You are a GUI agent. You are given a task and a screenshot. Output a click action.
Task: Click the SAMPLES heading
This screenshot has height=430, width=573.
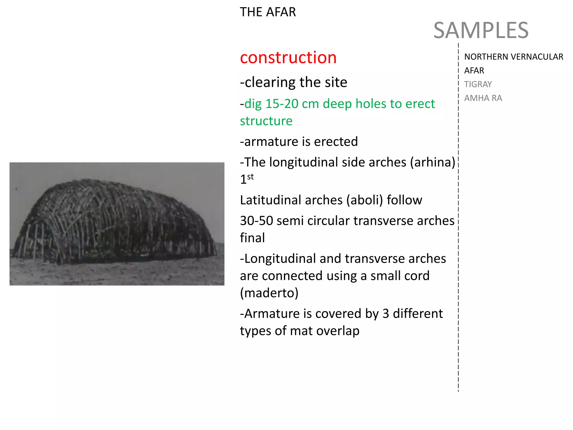[481, 30]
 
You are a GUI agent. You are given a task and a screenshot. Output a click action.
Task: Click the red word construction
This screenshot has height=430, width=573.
[288, 58]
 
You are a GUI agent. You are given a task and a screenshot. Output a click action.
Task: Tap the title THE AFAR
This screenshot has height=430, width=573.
[268, 12]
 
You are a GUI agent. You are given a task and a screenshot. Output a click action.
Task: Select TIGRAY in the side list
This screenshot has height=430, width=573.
[478, 84]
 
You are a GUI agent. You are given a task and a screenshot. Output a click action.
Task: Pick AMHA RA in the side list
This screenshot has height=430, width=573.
[483, 98]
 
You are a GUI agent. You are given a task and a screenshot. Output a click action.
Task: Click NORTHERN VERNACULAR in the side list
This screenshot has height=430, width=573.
[513, 57]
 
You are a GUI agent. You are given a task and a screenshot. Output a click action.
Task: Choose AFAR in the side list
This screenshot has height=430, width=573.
[474, 71]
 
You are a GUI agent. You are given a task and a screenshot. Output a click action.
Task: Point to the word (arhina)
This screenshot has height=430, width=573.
[433, 162]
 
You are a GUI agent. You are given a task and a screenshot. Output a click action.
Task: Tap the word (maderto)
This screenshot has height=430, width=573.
[269, 293]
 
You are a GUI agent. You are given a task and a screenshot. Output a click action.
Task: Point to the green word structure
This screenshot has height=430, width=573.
[266, 121]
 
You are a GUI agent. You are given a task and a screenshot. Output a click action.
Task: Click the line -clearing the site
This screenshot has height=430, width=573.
[293, 82]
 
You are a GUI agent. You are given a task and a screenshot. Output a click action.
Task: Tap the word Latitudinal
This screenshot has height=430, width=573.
[291, 200]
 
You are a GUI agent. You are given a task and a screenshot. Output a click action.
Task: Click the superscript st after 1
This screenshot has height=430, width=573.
[250, 177]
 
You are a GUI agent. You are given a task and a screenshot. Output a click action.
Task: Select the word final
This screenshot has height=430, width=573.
[252, 238]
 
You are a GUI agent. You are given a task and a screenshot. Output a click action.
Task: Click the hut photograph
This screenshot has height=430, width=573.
[117, 224]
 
